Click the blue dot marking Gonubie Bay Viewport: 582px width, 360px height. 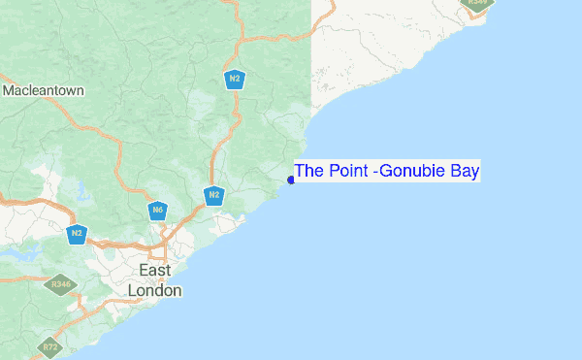click(291, 180)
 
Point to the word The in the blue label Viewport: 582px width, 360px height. click(309, 172)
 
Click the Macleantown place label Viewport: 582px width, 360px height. click(43, 90)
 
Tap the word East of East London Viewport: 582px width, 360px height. click(155, 270)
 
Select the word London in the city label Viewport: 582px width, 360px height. click(155, 289)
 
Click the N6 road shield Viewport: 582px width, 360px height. click(157, 209)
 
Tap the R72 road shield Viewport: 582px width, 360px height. click(48, 345)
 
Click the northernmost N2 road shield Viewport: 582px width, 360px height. click(234, 78)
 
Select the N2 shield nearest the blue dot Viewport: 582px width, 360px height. click(214, 195)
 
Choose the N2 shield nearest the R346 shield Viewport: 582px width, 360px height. click(77, 233)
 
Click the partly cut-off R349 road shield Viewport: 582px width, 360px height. click(477, 3)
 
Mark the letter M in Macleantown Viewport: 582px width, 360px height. click(8, 90)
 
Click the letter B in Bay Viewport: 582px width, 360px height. click(456, 172)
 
